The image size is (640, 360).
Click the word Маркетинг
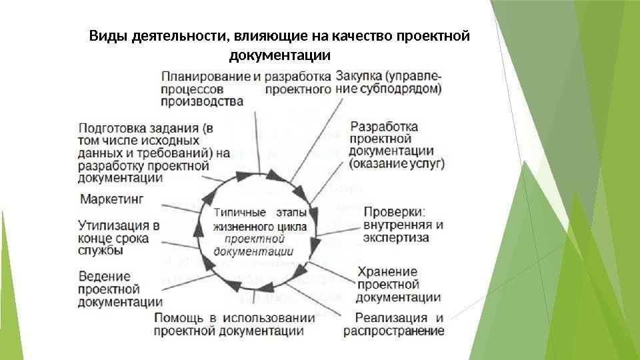pos(112,199)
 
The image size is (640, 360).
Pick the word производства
pos(202,101)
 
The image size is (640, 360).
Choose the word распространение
pos(393,331)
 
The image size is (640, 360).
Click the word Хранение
pos(387,272)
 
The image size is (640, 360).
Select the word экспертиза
pos(396,237)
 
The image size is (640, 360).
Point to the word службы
pos(100,251)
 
